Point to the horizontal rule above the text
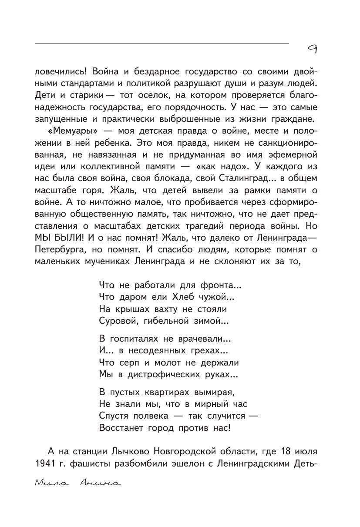[x=161, y=44]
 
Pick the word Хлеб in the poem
[x=176, y=297]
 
